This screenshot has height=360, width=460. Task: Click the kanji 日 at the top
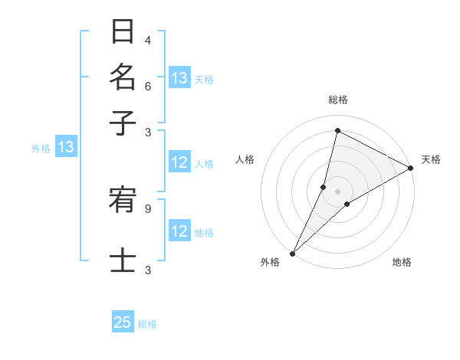123,33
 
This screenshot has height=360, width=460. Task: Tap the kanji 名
123,77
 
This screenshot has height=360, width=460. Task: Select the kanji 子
123,122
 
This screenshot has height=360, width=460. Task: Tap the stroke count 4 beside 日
148,40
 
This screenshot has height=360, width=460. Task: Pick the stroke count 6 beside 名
148,87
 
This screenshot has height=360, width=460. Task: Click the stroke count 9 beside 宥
148,208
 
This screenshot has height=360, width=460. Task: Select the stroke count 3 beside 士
148,270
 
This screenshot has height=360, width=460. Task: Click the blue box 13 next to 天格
179,78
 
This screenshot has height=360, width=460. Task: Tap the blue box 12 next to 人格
179,162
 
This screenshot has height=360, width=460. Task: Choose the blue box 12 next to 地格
179,232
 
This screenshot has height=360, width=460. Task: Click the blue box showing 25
123,322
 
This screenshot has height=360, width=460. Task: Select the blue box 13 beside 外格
66,148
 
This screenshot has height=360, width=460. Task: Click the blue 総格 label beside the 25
147,324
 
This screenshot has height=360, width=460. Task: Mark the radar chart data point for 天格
411,169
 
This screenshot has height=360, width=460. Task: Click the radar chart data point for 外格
292,253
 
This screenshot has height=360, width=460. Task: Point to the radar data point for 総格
337,131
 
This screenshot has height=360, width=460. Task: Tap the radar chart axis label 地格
402,263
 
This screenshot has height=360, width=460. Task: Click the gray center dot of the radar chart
337,191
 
